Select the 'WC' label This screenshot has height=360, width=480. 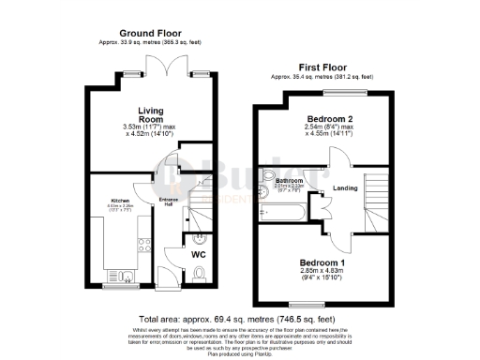[x=199, y=254]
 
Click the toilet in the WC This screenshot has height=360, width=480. [x=201, y=275]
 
